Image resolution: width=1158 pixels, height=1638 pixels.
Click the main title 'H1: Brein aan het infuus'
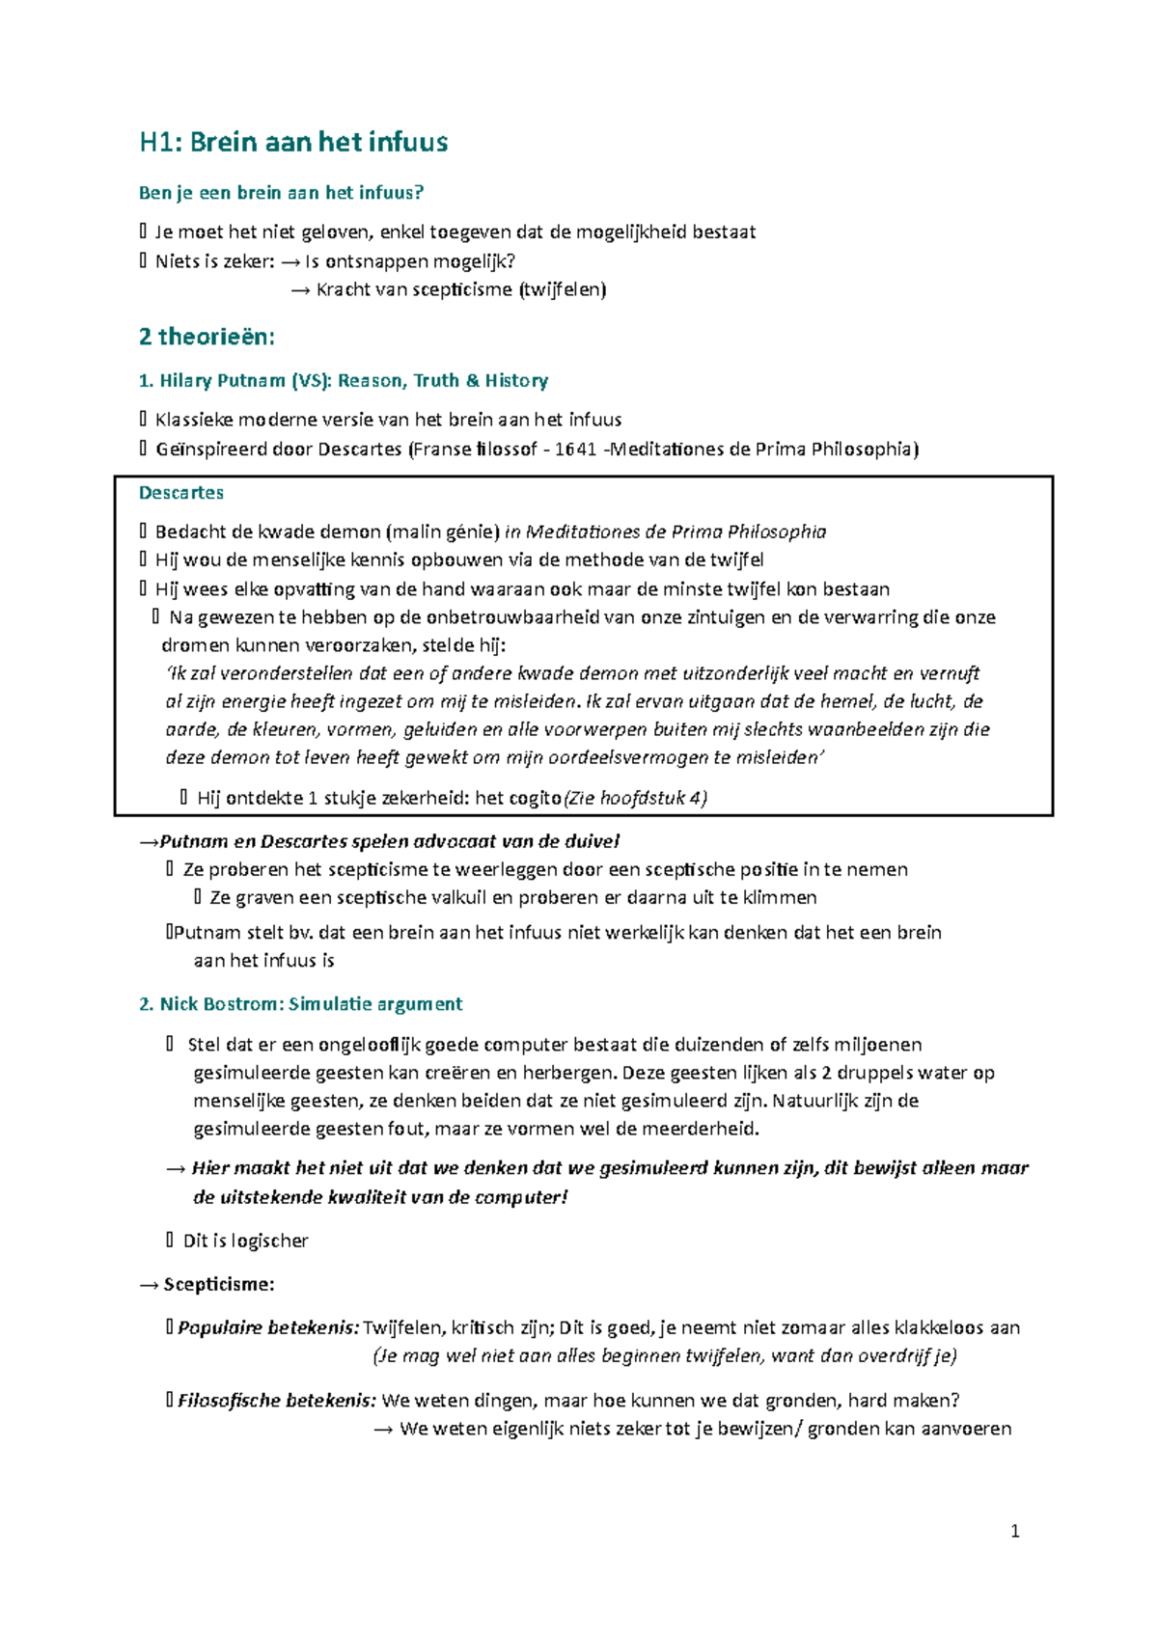293,143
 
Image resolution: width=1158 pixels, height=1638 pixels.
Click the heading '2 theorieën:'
207,337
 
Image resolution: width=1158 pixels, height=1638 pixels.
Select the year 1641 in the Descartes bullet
575,449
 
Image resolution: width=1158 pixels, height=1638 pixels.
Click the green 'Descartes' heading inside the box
181,493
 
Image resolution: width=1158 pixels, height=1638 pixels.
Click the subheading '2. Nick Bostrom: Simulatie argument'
301,1004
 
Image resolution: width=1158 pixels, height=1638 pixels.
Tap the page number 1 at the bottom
1014,1531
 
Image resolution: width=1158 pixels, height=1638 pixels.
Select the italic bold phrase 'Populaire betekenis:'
268,1327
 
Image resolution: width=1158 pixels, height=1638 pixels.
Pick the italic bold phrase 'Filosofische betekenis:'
277,1400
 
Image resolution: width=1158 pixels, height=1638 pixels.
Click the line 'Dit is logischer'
245,1241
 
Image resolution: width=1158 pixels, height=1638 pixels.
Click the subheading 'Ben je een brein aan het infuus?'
281,193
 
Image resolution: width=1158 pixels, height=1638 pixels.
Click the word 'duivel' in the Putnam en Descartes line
592,841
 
